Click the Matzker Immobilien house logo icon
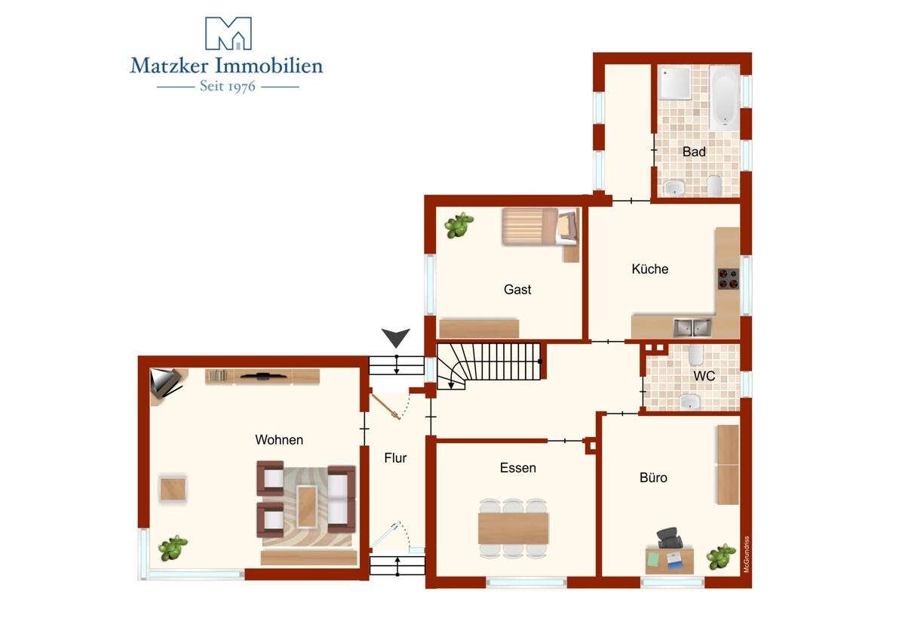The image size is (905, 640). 229,33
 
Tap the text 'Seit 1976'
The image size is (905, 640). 228,86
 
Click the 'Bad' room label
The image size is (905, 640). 694,152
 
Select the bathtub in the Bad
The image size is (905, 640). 725,97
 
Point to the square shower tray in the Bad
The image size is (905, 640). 674,82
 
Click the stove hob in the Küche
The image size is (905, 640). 728,279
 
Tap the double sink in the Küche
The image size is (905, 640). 692,328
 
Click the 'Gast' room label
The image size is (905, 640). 517,290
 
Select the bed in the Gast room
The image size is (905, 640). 540,226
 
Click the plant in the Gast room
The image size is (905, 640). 459,225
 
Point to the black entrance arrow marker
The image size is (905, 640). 396,337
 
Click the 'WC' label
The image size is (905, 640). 704,376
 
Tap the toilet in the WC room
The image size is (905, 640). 695,355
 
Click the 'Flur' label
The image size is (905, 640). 395,457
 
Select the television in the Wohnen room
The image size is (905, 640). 263,377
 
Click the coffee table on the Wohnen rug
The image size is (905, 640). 307,506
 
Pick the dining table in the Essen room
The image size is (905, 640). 513,528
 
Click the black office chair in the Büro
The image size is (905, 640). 670,538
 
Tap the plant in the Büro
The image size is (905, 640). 721,556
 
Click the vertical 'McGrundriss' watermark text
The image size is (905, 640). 746,554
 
